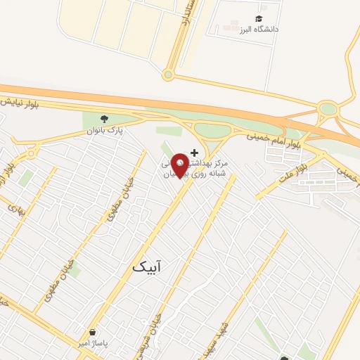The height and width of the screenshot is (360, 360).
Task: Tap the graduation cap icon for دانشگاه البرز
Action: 259,19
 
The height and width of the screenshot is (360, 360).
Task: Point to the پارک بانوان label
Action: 105,130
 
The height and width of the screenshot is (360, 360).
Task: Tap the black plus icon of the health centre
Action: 194,153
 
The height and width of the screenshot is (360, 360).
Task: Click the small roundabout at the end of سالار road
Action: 167,75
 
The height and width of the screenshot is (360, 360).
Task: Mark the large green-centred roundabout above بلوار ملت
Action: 327,109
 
